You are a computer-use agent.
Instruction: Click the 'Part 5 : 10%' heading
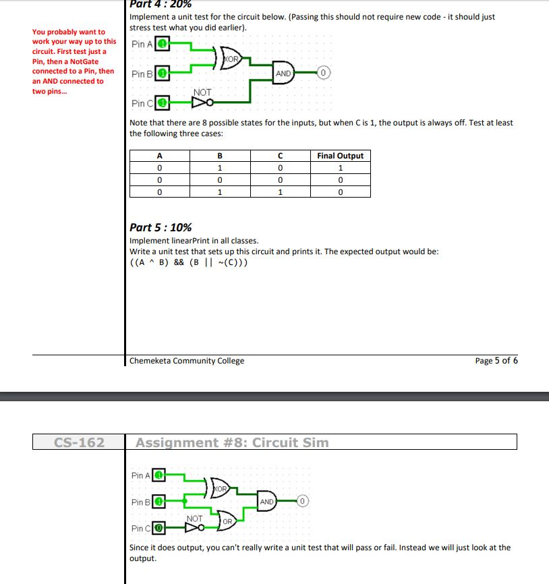161,228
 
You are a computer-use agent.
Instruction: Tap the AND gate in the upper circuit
283,74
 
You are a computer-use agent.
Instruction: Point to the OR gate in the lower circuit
227,521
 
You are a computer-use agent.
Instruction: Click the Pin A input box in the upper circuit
163,45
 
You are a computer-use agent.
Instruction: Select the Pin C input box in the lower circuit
159,528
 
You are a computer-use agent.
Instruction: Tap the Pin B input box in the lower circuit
159,502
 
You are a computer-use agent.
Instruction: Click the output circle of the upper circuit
323,74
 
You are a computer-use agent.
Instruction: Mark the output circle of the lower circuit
304,502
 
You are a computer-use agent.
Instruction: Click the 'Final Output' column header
340,156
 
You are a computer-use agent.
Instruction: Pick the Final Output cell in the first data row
340,168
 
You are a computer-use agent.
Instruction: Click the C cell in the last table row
281,192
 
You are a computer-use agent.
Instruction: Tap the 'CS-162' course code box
79,442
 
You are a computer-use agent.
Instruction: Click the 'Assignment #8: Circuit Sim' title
232,442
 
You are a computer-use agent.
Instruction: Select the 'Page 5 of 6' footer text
496,361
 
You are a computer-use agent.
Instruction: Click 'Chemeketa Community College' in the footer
187,361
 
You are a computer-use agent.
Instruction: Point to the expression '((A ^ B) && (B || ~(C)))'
188,262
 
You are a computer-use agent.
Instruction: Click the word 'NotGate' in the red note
84,61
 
